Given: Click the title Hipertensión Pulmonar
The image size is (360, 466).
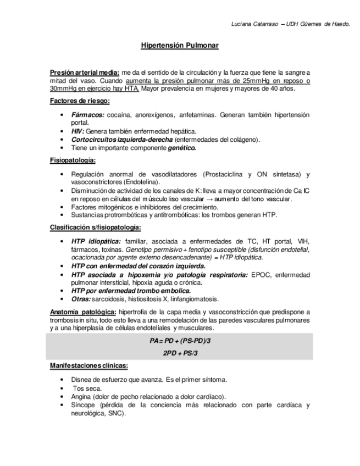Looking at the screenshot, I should click(180, 46).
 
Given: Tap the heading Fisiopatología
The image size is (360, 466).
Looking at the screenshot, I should click(73, 160).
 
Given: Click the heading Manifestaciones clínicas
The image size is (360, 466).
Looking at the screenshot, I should click(89, 365).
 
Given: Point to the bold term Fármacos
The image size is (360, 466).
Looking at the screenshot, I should click(87, 115).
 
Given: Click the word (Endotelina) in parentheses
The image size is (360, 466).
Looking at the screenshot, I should click(141, 182).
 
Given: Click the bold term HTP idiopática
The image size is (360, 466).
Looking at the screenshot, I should click(96, 241).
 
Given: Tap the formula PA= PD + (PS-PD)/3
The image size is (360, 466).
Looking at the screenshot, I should click(180, 341).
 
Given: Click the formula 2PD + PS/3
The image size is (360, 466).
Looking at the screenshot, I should click(180, 353).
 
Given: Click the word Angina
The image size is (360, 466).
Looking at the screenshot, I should click(81, 397).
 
